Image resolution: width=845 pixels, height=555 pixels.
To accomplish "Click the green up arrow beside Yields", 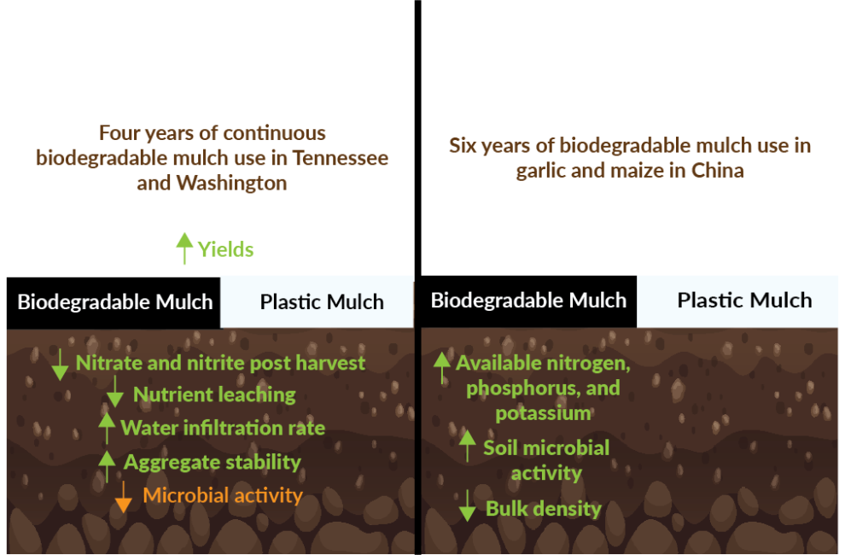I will click(x=184, y=248).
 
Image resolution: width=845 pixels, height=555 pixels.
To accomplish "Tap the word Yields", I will click(x=226, y=249).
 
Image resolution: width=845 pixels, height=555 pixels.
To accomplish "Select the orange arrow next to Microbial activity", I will click(x=124, y=496).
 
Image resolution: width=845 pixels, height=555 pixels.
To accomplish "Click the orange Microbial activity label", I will click(x=223, y=495).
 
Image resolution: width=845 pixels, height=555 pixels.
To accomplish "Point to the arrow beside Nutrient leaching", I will click(x=115, y=393).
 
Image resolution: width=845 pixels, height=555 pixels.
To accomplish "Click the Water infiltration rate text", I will click(x=223, y=428).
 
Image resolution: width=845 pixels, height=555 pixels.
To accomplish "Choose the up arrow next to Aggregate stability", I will click(x=107, y=465).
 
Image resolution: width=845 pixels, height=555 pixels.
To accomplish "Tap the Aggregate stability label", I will click(x=213, y=462).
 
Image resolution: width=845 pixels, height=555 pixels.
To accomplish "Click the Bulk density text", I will click(x=543, y=509).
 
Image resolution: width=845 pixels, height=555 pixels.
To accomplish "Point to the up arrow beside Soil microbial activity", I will click(x=467, y=446).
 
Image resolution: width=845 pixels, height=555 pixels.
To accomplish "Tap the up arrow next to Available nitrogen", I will click(x=441, y=367).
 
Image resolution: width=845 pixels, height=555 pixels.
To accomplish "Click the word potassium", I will click(x=543, y=413).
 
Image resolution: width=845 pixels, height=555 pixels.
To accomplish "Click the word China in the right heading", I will click(x=718, y=171).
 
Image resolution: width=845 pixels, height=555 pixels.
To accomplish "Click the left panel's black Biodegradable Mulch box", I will click(x=114, y=302).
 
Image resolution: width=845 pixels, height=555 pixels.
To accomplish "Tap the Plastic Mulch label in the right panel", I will click(x=744, y=301).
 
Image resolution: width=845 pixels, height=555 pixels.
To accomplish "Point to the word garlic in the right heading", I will click(x=542, y=171).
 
